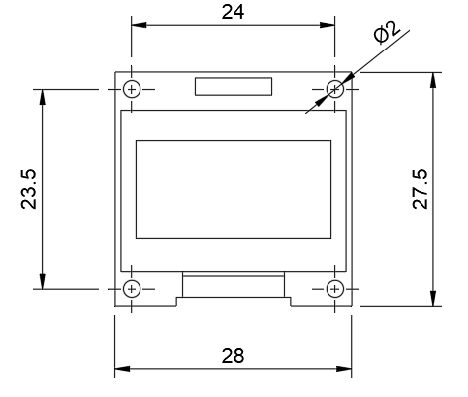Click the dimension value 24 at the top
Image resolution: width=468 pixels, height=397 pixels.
click(x=234, y=12)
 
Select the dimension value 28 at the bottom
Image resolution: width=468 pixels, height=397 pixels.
click(x=234, y=355)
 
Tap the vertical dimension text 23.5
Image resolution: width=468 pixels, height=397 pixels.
click(x=28, y=188)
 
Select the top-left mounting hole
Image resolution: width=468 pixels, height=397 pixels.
click(x=133, y=88)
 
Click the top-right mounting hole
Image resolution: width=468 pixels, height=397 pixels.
click(x=334, y=88)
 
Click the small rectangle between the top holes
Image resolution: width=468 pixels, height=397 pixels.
click(x=234, y=86)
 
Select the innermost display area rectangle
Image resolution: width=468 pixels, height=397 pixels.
click(x=234, y=188)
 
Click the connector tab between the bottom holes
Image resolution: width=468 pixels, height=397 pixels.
click(x=234, y=287)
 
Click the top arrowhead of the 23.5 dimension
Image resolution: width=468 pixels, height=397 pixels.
click(x=42, y=94)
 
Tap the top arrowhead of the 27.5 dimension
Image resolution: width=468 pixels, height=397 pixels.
click(x=432, y=77)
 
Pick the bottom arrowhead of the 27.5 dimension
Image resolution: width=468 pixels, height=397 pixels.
click(x=432, y=301)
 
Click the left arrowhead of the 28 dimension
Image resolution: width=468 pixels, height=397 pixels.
click(x=120, y=370)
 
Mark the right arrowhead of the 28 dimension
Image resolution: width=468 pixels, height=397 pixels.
click(x=347, y=370)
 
